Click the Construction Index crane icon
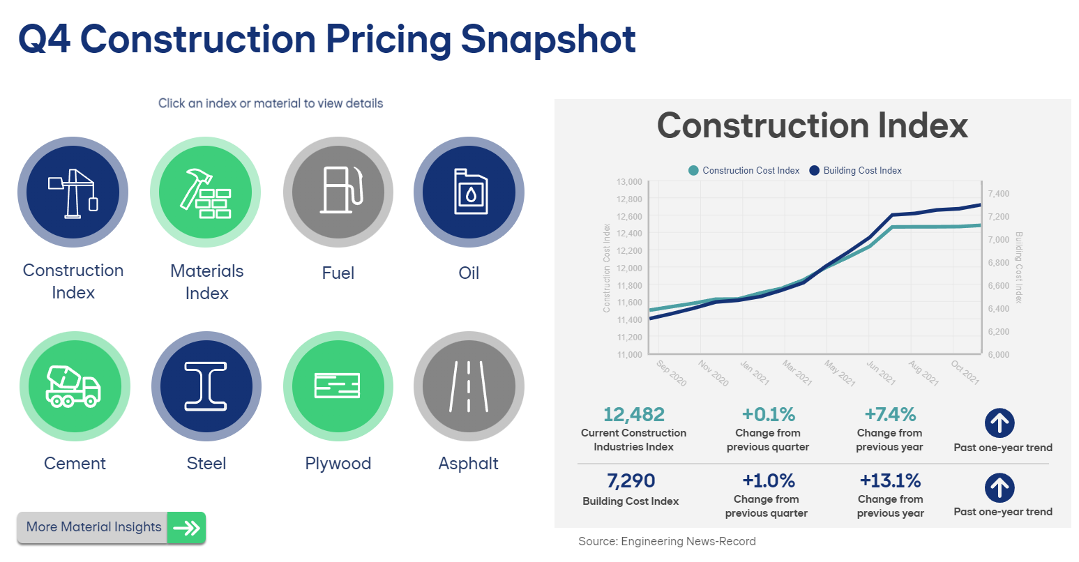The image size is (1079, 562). (x=73, y=192)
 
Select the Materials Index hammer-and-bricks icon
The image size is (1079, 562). (x=206, y=192)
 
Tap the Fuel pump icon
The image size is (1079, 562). (x=338, y=192)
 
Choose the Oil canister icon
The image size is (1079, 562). (x=469, y=192)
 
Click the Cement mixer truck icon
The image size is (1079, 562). (x=74, y=386)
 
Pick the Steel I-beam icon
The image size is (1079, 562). (x=206, y=386)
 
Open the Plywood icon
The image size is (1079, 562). (x=338, y=386)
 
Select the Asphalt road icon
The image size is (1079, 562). (x=469, y=386)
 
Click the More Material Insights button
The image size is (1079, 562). (x=112, y=528)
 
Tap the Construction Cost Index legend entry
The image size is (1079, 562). (x=744, y=171)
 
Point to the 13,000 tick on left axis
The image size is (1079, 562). (x=629, y=182)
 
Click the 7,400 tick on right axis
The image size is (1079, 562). (x=999, y=194)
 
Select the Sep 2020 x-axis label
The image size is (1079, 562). (x=672, y=373)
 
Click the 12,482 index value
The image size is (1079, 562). (x=634, y=415)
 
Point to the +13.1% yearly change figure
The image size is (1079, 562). (x=890, y=481)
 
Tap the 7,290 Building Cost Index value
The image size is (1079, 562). (x=631, y=481)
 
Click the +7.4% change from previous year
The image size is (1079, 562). (x=890, y=415)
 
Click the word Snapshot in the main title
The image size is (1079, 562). (x=548, y=39)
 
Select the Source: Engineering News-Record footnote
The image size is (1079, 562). (x=667, y=542)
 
